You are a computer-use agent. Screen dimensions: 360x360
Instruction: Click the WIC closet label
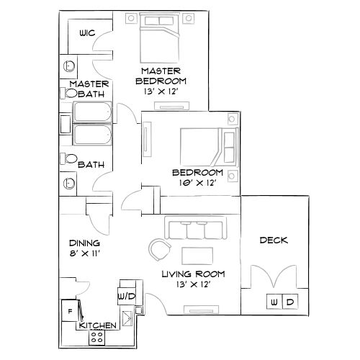pyautogui.click(x=88, y=33)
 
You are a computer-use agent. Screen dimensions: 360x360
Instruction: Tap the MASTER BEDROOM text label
pyautogui.click(x=160, y=75)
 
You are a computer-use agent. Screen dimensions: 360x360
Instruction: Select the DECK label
pyautogui.click(x=274, y=240)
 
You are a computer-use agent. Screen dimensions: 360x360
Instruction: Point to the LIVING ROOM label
pyautogui.click(x=193, y=274)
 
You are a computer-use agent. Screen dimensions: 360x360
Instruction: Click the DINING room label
pyautogui.click(x=80, y=243)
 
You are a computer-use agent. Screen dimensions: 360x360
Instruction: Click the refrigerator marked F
pyautogui.click(x=70, y=310)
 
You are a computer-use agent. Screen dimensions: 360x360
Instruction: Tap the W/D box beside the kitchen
pyautogui.click(x=123, y=297)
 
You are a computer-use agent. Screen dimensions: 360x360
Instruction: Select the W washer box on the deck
pyautogui.click(x=274, y=302)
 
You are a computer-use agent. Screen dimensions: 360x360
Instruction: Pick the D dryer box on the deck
pyautogui.click(x=289, y=302)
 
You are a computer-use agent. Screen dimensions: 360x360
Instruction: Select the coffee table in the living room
pyautogui.click(x=197, y=255)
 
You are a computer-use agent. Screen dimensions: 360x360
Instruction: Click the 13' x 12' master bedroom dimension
pyautogui.click(x=160, y=91)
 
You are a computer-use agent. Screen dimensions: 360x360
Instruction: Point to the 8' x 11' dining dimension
pyautogui.click(x=84, y=253)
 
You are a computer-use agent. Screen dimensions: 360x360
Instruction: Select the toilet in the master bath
pyautogui.click(x=72, y=94)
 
